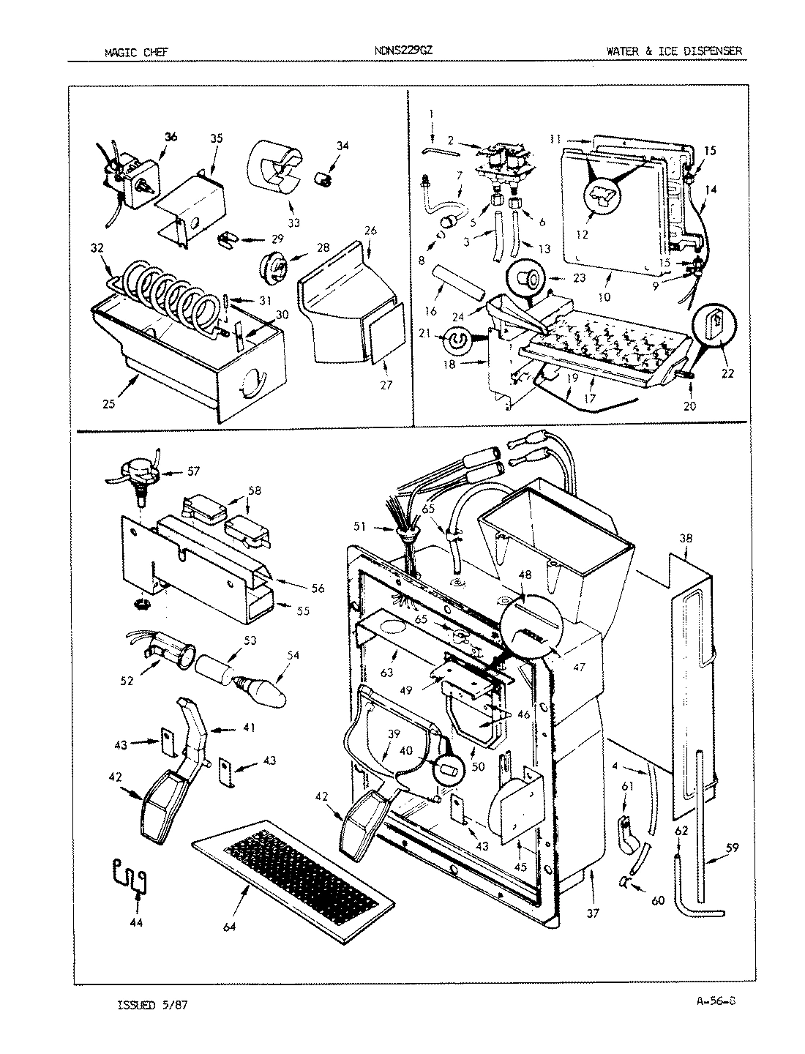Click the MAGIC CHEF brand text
pos(137,51)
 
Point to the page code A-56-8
pos(711,1002)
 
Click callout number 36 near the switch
pos(171,136)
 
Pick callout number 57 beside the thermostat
pos(192,472)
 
